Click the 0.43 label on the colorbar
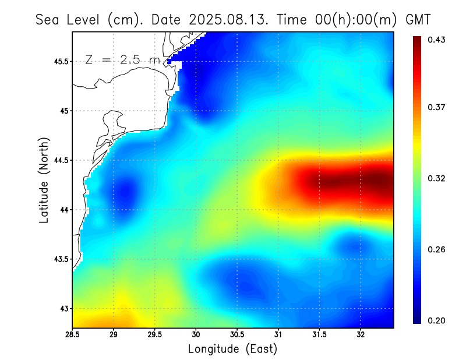point(437,40)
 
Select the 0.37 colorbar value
point(437,107)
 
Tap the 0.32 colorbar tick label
point(437,178)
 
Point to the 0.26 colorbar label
point(437,249)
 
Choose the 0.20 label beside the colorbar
point(437,320)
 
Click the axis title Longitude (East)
point(232,349)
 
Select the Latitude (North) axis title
point(44,179)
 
